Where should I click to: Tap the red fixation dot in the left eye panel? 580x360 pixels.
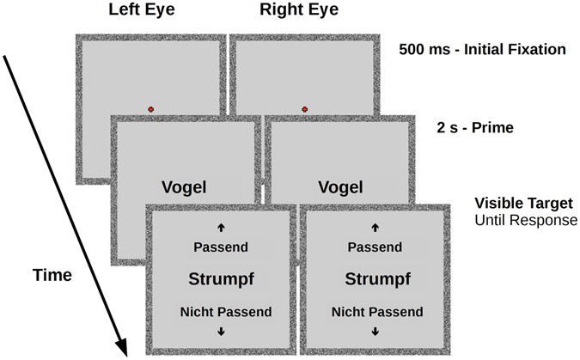click(x=151, y=109)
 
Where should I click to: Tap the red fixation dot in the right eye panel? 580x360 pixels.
click(x=304, y=109)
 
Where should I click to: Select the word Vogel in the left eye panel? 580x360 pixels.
click(x=185, y=187)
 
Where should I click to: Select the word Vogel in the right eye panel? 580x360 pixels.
click(x=340, y=187)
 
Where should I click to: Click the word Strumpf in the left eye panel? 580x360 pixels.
click(x=220, y=278)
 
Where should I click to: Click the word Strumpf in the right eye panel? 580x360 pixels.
click(x=375, y=278)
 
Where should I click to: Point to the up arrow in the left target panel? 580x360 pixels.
click(x=221, y=228)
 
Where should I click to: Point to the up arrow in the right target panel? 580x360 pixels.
click(x=375, y=228)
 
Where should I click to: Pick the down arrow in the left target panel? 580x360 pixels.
click(x=221, y=332)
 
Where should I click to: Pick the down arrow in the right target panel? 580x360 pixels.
click(x=375, y=332)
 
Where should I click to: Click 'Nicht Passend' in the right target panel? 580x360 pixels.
click(x=375, y=311)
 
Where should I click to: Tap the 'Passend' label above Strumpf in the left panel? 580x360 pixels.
click(x=221, y=247)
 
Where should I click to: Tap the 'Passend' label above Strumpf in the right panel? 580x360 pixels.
click(x=375, y=247)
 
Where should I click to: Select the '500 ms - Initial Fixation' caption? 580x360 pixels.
click(x=482, y=49)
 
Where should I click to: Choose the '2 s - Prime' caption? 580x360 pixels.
click(x=474, y=128)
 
